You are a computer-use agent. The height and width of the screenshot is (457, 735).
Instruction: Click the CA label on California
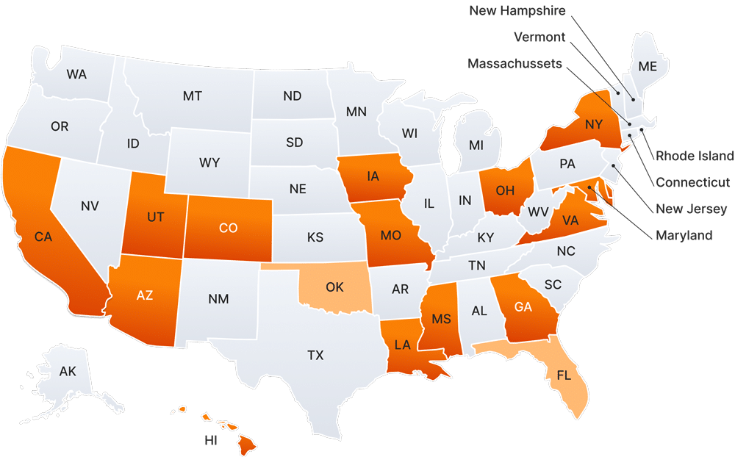(43, 237)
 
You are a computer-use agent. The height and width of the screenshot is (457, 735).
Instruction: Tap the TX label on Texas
(315, 356)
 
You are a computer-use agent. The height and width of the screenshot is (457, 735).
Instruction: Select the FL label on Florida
(564, 375)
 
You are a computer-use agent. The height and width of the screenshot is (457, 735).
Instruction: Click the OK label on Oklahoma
(334, 287)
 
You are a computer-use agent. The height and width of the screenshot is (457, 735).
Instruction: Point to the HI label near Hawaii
(212, 441)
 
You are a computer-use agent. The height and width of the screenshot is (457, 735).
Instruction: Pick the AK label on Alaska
(68, 372)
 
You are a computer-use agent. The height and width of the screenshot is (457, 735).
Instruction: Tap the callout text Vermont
(539, 37)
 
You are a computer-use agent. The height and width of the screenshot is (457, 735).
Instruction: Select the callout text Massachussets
(514, 64)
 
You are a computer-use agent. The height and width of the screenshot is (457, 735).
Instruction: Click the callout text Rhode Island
(695, 156)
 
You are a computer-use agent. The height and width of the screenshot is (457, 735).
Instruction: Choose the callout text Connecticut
(693, 182)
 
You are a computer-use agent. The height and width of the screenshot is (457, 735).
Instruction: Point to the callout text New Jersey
(692, 209)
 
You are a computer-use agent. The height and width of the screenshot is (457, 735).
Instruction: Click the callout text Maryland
(684, 236)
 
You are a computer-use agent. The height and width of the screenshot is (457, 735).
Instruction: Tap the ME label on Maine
(648, 66)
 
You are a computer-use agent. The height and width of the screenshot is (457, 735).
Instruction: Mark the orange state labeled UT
(155, 217)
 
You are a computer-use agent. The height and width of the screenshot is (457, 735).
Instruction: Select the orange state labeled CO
(228, 228)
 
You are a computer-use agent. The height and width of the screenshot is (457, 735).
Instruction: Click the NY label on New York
(594, 125)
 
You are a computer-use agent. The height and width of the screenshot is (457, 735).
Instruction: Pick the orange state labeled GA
(523, 307)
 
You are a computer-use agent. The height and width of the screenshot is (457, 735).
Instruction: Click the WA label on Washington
(76, 74)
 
